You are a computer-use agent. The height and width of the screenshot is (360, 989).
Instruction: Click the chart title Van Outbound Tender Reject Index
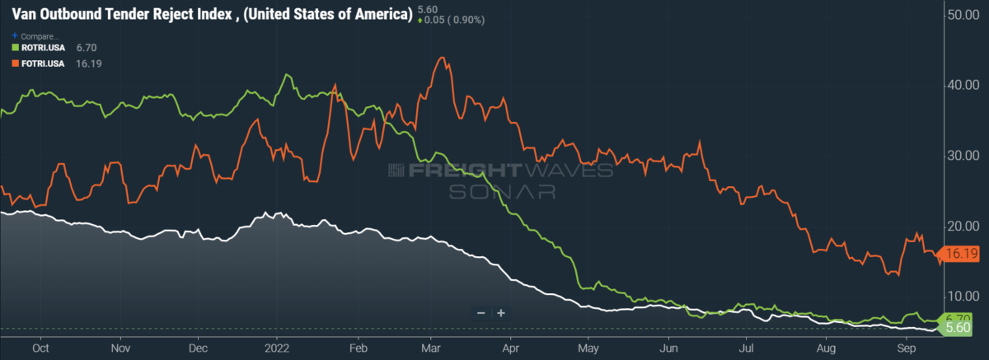click(x=211, y=16)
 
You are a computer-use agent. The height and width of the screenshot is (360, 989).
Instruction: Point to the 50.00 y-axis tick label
click(x=962, y=15)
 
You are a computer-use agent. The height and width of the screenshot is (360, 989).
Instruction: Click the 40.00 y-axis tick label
click(x=962, y=85)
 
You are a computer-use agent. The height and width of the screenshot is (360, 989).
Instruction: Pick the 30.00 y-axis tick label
click(x=962, y=156)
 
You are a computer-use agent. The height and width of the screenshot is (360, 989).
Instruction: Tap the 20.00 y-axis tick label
click(x=962, y=226)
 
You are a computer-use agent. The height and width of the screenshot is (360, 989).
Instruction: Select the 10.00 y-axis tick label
click(x=962, y=296)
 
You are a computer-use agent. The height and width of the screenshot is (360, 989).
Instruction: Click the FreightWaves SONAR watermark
click(x=500, y=180)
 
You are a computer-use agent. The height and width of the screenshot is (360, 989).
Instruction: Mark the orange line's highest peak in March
click(x=443, y=58)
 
